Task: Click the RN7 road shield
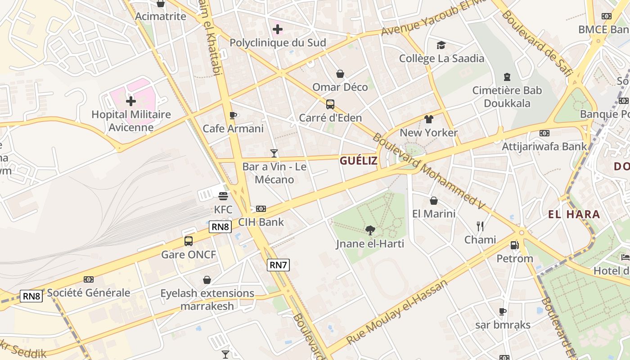point(278,265)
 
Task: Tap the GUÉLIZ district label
point(359,161)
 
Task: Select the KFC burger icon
point(223,196)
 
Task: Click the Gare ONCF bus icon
point(189,241)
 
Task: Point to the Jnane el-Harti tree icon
point(370,230)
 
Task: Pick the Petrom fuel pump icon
point(514,245)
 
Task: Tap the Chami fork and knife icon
point(480,226)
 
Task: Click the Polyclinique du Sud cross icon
point(278,30)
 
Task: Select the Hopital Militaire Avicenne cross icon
point(131,101)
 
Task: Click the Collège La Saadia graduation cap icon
point(441,45)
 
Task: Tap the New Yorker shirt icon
point(428,119)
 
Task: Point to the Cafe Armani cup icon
point(233,115)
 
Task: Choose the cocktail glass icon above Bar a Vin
point(274,153)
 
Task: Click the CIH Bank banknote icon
point(261,209)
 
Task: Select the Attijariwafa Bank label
point(544,146)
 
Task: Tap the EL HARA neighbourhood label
point(574,214)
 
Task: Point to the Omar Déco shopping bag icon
point(340,74)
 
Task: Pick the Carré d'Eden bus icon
point(330,104)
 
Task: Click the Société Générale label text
point(89,292)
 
